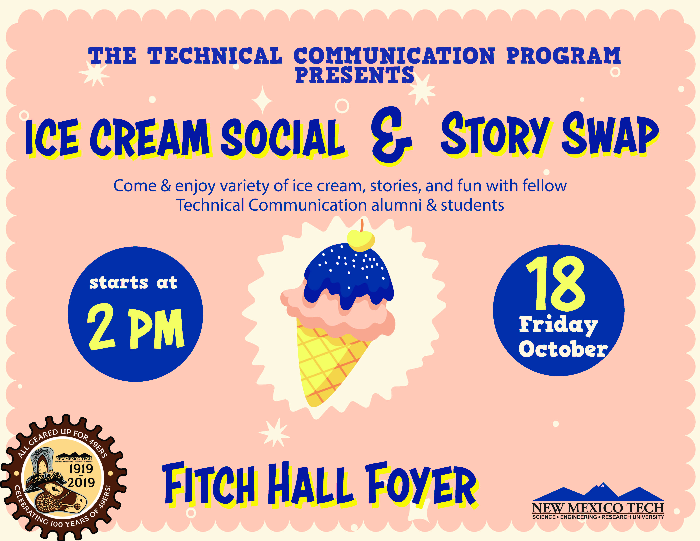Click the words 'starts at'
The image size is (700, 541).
(x=133, y=283)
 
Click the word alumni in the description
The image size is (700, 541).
(x=396, y=205)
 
